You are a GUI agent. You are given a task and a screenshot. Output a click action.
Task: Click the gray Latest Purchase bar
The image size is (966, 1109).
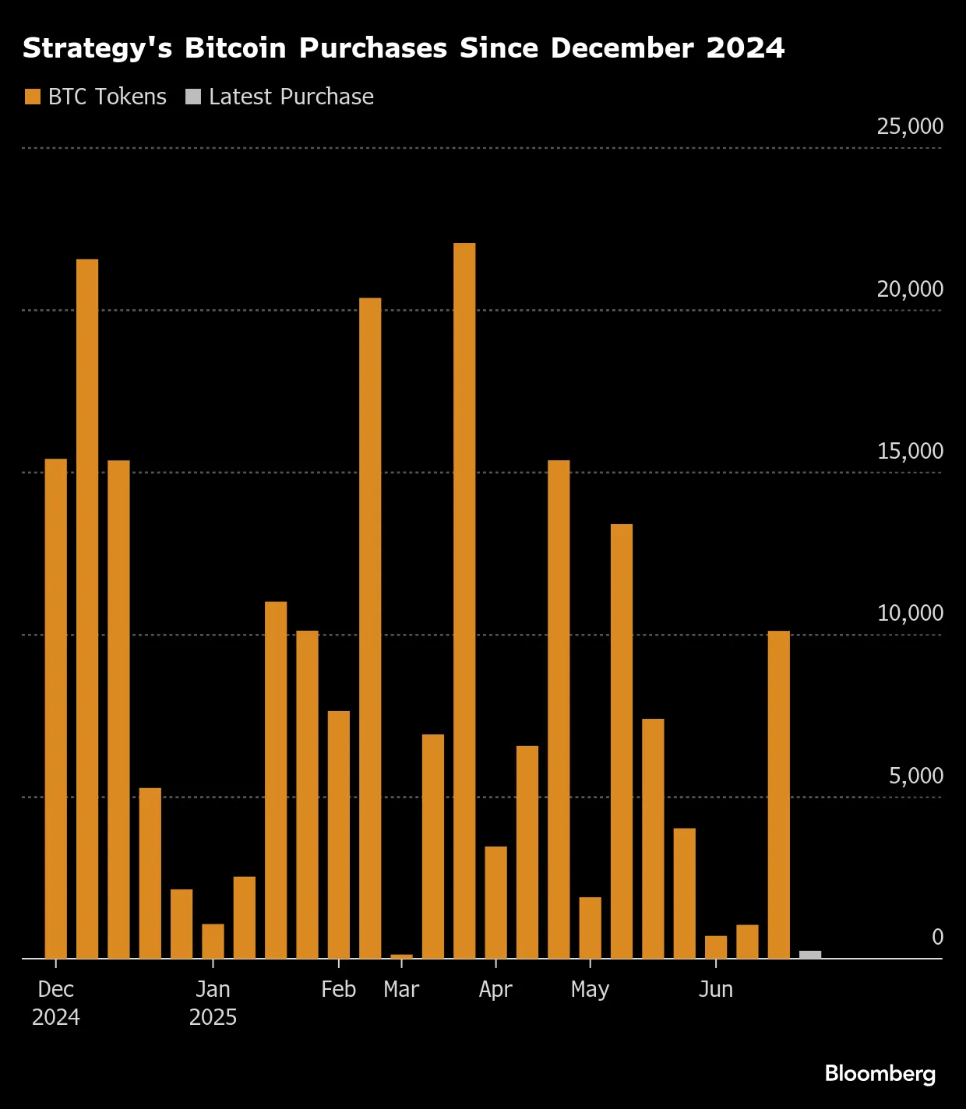[810, 954]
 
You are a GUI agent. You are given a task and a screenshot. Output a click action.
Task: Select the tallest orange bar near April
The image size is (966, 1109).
[464, 600]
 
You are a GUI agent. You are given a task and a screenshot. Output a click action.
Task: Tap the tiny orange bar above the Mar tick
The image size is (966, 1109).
[401, 956]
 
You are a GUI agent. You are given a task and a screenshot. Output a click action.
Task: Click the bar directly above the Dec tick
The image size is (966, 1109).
[56, 709]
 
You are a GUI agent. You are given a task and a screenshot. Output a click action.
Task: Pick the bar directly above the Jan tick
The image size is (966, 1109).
[213, 941]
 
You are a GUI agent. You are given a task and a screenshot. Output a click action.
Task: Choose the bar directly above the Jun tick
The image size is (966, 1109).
[716, 947]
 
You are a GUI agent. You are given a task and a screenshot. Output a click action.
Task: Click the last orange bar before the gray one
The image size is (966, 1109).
[778, 794]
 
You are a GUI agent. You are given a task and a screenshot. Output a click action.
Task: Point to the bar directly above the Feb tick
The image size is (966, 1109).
[339, 833]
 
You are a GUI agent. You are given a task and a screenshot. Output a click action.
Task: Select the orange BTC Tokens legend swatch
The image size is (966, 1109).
[33, 97]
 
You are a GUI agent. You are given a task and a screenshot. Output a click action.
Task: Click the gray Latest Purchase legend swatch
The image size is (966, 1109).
[193, 97]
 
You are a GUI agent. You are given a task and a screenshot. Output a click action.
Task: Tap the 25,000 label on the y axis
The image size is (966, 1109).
[909, 126]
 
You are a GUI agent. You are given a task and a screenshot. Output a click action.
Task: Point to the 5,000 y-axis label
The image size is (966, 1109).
[915, 776]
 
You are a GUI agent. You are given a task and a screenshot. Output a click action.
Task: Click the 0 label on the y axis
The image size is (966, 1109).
[937, 937]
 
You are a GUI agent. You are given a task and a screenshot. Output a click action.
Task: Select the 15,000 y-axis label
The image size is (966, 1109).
[909, 451]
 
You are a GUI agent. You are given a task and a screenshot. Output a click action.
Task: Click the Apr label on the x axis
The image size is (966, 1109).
[495, 989]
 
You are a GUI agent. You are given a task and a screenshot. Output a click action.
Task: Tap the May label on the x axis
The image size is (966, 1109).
[590, 989]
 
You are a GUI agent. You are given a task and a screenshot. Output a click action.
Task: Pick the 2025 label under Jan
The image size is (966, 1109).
[213, 1017]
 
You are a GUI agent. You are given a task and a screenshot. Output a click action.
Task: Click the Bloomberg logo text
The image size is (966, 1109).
[880, 1074]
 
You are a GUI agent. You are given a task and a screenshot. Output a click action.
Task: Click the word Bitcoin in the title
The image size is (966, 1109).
[235, 48]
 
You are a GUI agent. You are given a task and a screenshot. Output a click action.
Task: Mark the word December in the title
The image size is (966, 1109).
[622, 48]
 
